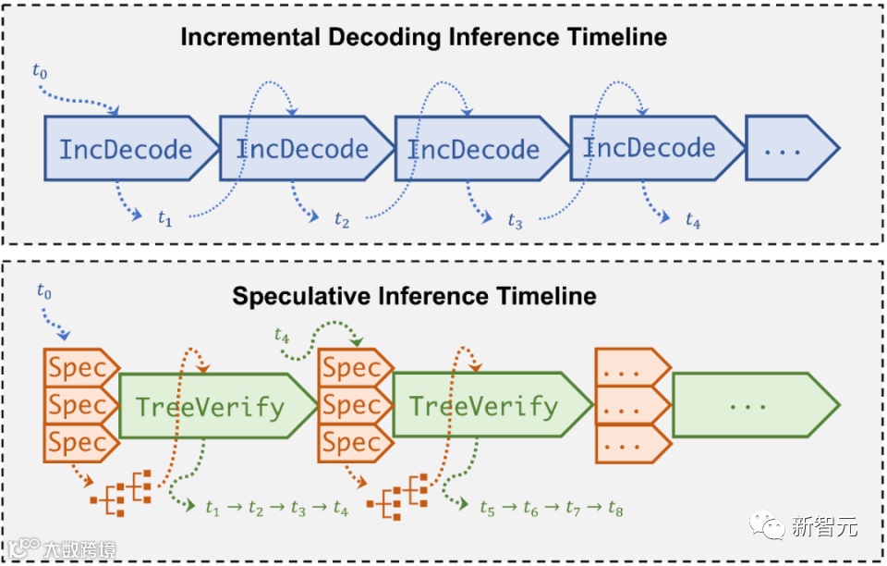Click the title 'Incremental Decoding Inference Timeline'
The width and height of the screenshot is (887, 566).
[x=423, y=37]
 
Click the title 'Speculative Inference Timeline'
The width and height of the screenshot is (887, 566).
[x=414, y=297]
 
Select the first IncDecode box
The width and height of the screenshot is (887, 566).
[x=127, y=149]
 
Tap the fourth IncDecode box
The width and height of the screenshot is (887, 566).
[x=650, y=148]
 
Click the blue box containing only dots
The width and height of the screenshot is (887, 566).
[x=785, y=148]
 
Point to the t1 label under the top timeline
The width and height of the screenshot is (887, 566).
[x=164, y=219]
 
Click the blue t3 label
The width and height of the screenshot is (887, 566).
[x=515, y=222]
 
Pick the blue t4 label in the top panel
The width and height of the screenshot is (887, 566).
[x=693, y=220]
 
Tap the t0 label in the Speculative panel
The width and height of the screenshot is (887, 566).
[x=44, y=291]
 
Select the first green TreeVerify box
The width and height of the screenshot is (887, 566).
[x=211, y=406]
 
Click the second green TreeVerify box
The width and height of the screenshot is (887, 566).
[x=484, y=406]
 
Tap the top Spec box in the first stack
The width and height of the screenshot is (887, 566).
[x=79, y=369]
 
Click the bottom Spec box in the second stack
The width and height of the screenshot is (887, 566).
[x=351, y=442]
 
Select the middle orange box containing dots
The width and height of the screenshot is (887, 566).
[x=628, y=406]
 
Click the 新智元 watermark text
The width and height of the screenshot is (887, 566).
[x=824, y=527]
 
